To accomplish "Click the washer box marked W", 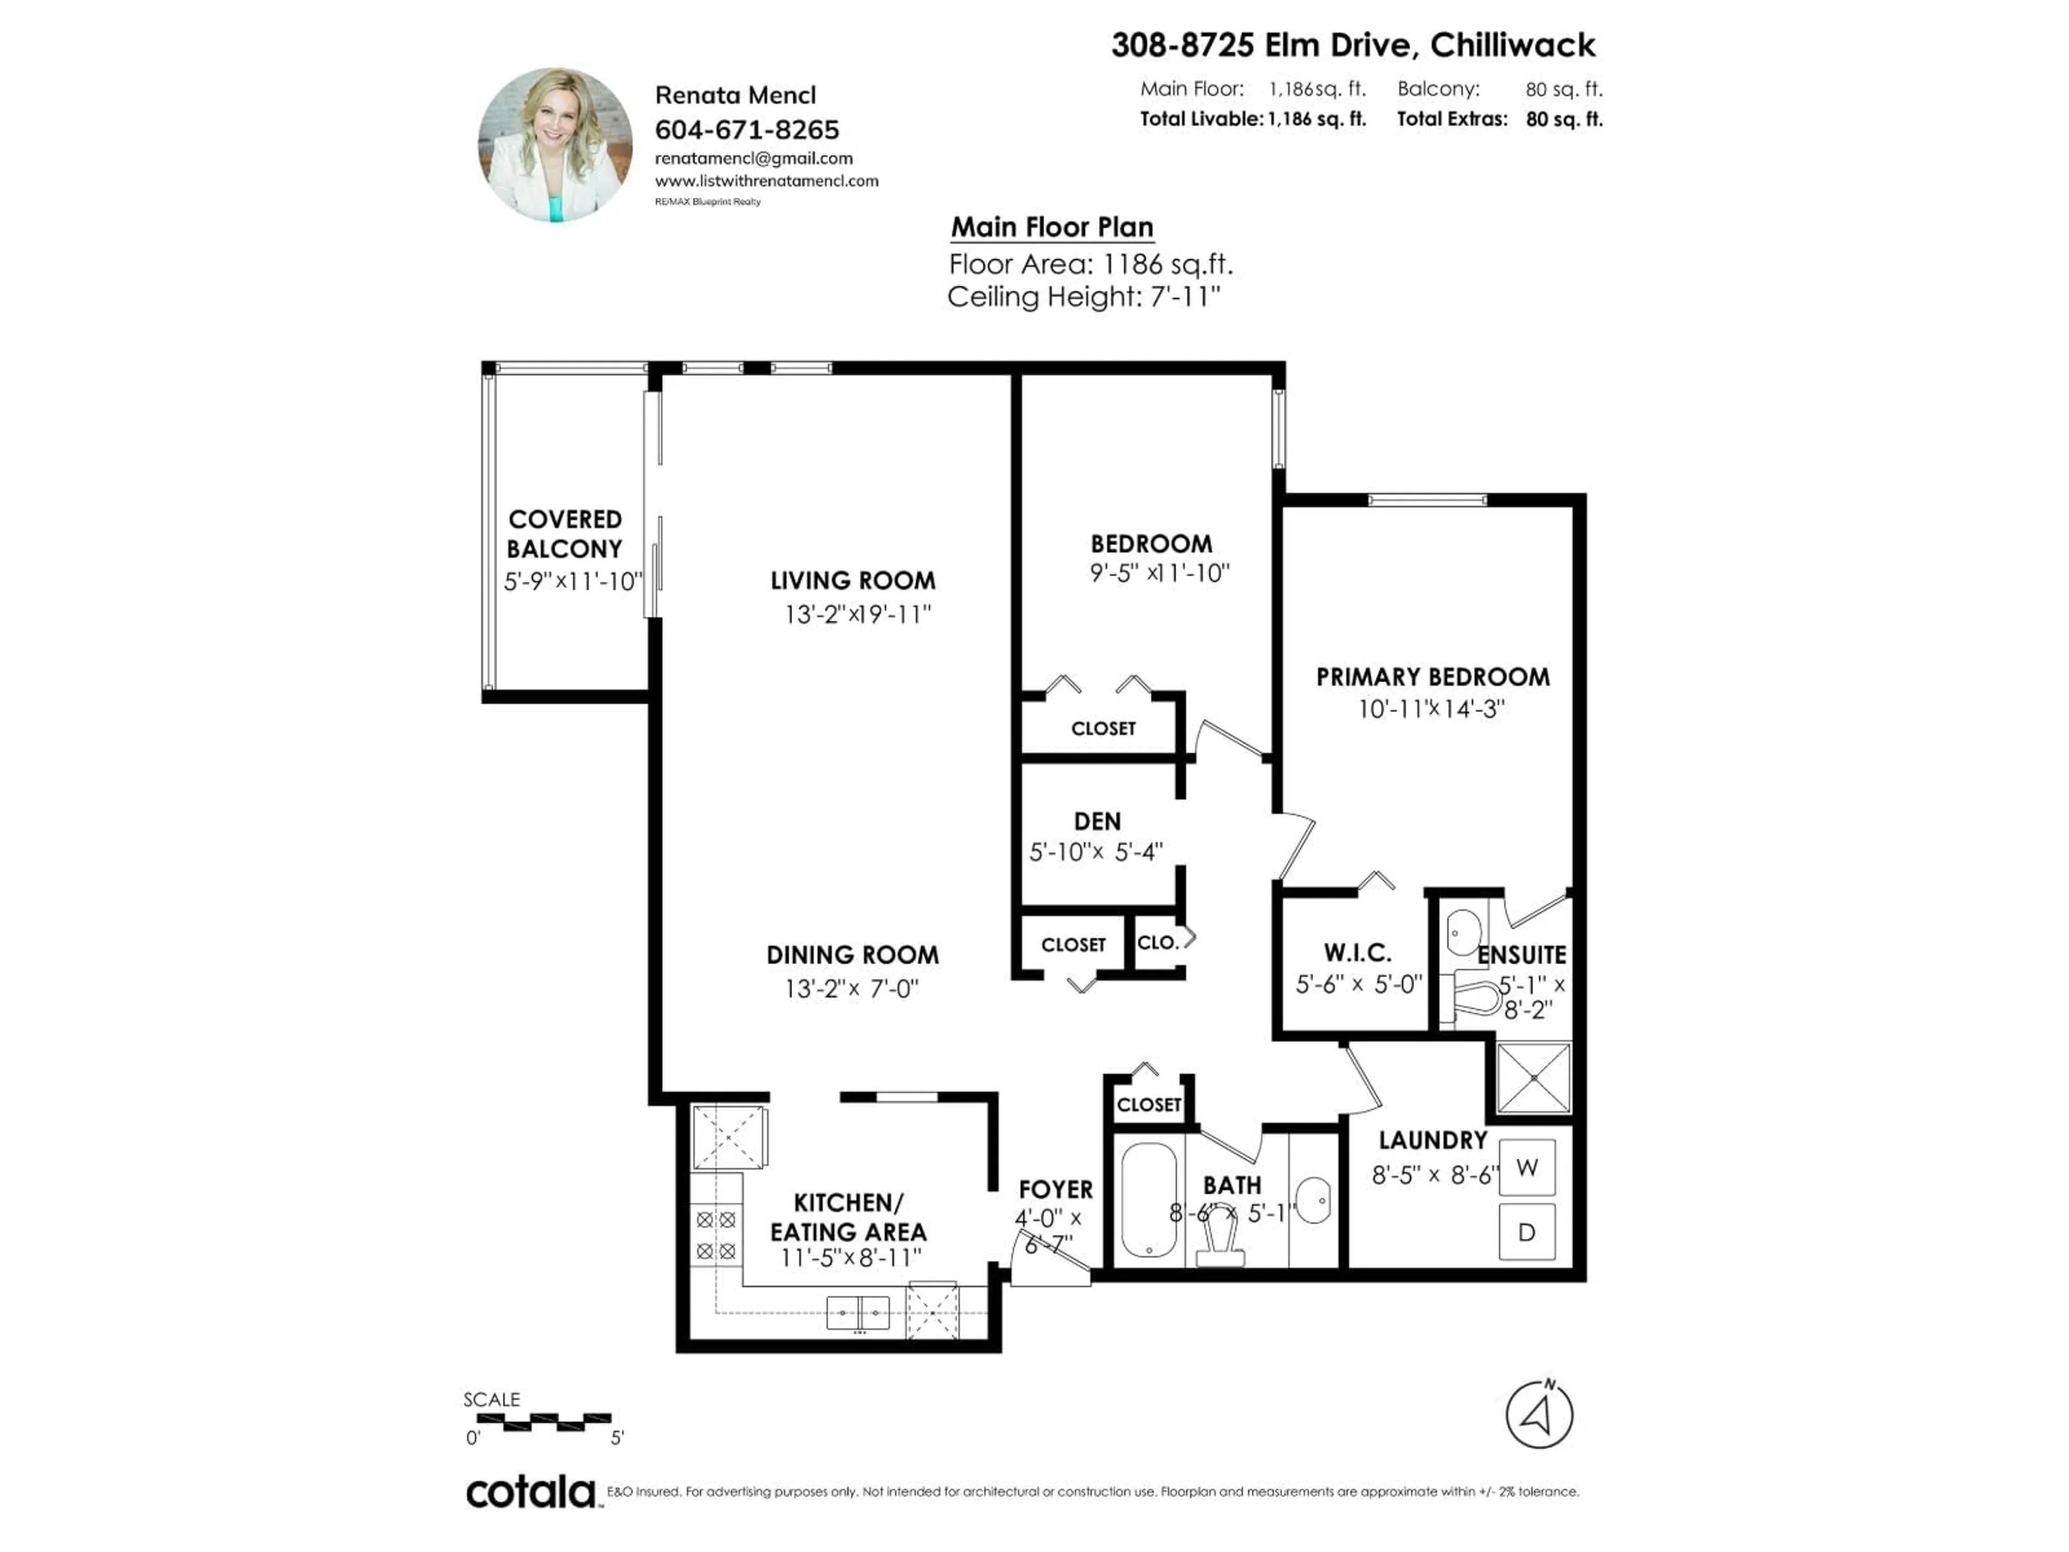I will [x=1526, y=1168].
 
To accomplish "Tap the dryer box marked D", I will [x=1526, y=1232].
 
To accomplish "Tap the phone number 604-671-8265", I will [x=746, y=129].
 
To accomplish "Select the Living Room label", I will [x=852, y=581].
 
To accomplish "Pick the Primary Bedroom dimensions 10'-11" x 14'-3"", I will [x=1431, y=709].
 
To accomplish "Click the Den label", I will [x=1097, y=821].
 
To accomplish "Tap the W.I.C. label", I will [x=1357, y=953].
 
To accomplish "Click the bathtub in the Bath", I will [x=1149, y=1200].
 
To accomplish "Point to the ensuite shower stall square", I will [x=1534, y=1078].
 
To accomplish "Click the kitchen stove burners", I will [x=716, y=1235].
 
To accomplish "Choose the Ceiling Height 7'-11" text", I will [x=1083, y=297].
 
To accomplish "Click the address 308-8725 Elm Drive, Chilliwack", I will [x=1352, y=45].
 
